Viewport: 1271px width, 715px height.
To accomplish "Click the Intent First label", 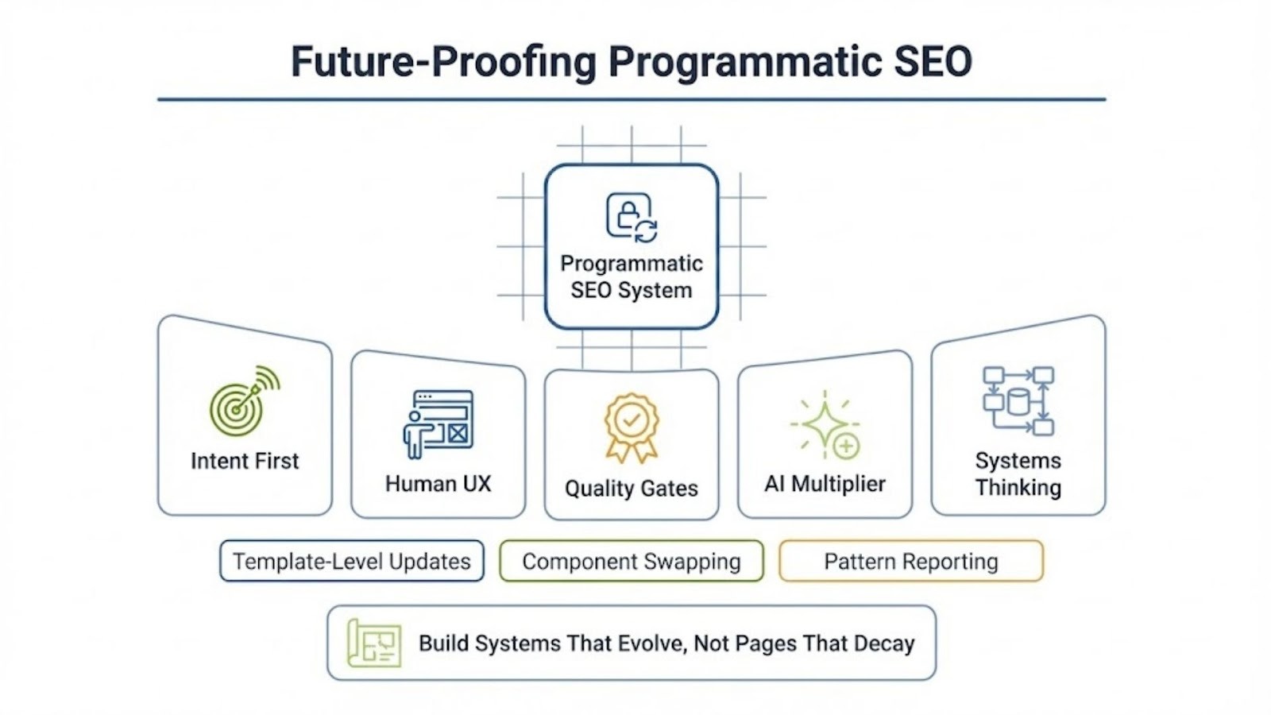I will click(x=245, y=461).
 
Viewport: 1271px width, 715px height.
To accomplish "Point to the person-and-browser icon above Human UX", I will click(x=438, y=423).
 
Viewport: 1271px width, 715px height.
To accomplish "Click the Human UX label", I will click(x=438, y=483).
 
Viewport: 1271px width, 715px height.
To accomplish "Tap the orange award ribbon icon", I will click(x=632, y=427).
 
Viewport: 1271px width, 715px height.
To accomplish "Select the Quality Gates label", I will click(x=632, y=488).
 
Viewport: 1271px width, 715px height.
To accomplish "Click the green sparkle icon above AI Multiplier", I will click(x=825, y=425).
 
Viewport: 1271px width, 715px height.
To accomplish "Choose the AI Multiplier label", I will click(x=825, y=483).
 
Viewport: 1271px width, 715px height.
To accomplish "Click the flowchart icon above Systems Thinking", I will click(x=1018, y=400).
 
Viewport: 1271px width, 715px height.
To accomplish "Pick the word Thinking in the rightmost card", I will click(x=1018, y=487).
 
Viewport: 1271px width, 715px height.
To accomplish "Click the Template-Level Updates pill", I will click(x=352, y=562).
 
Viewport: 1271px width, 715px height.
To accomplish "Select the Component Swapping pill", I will click(x=632, y=562).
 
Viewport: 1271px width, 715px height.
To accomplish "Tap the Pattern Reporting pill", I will click(x=910, y=562).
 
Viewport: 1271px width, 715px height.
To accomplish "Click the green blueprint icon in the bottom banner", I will click(x=374, y=643).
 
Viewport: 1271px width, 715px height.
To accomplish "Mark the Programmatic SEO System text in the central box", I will click(x=632, y=276).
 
